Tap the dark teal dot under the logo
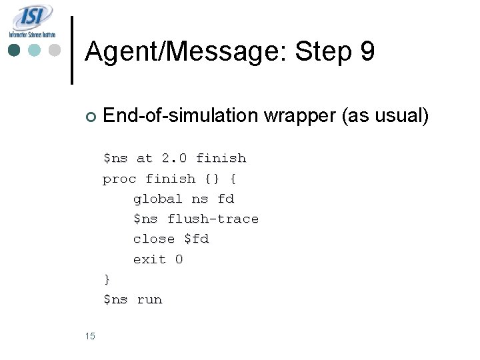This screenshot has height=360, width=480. [x=15, y=50]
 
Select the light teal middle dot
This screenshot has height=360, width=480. [x=35, y=50]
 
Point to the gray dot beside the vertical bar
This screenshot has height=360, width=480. [x=55, y=50]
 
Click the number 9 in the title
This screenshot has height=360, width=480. [x=367, y=51]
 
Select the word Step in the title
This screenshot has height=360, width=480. [x=321, y=51]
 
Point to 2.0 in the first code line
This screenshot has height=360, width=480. [x=174, y=159]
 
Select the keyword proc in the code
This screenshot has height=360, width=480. [x=119, y=179]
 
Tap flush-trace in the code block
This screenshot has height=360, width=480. [x=213, y=219]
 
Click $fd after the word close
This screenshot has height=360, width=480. [x=196, y=239]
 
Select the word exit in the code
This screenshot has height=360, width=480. [x=150, y=259]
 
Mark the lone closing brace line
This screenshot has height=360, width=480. [x=107, y=279]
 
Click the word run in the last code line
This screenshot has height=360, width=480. [x=149, y=299]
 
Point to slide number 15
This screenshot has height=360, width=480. [x=91, y=336]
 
